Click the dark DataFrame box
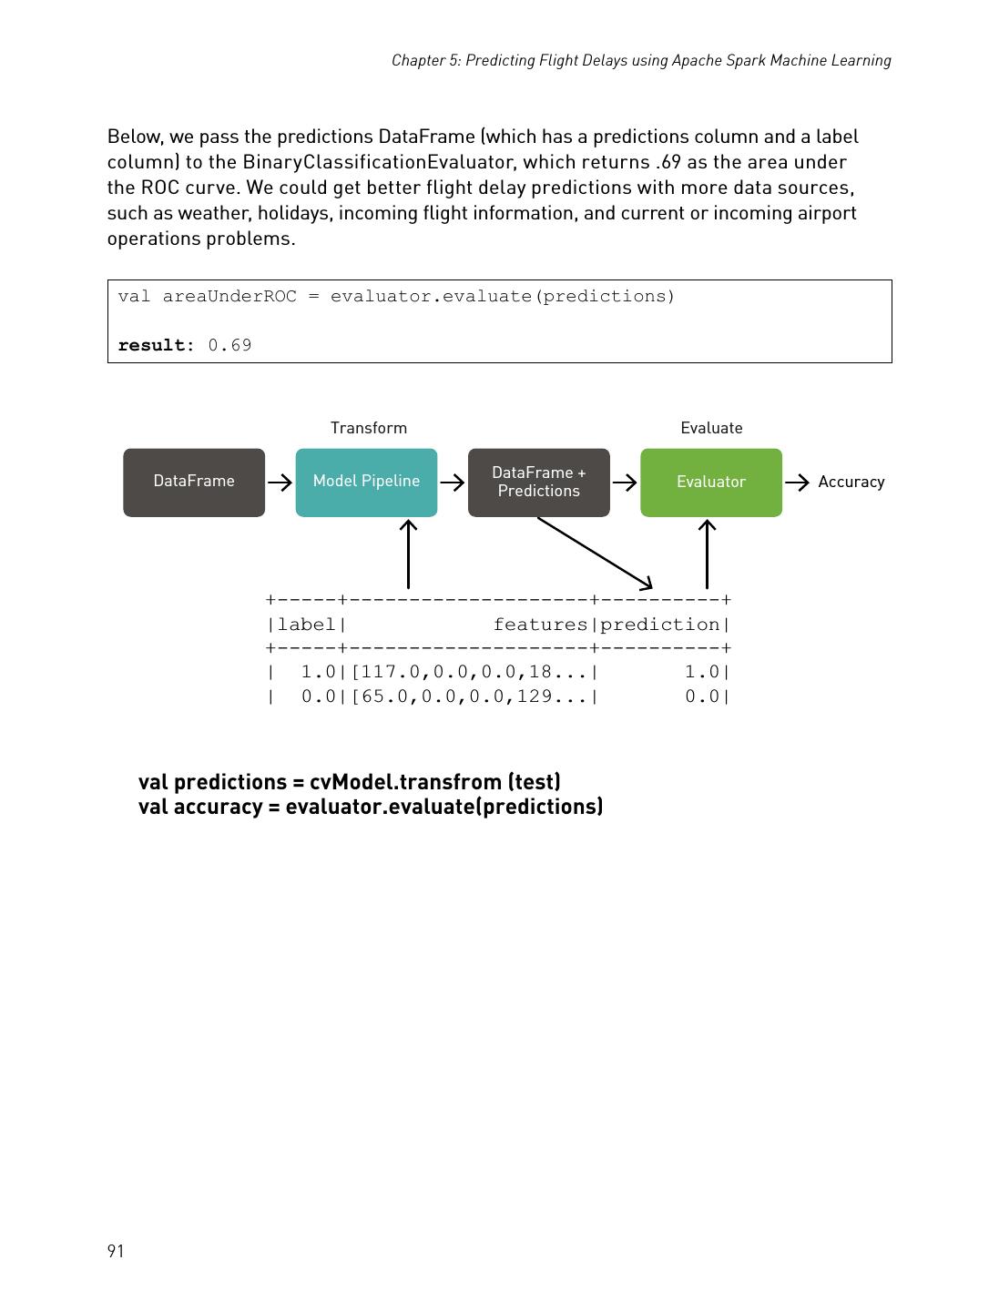tap(194, 482)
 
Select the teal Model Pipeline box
tap(366, 482)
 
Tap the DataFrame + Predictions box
tap(538, 482)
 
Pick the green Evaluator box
tap(710, 482)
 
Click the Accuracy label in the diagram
tap(851, 482)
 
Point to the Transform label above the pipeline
tap(368, 428)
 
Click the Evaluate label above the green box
tap(711, 428)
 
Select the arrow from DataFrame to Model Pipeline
tap(280, 483)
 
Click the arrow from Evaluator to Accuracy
tap(797, 483)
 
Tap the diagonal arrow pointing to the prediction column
tap(595, 553)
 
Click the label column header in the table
tap(307, 625)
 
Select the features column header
tap(540, 625)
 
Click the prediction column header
tap(660, 625)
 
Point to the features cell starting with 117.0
tap(468, 672)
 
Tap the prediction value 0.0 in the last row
tap(702, 696)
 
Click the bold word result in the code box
tap(151, 345)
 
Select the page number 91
tap(116, 1251)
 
